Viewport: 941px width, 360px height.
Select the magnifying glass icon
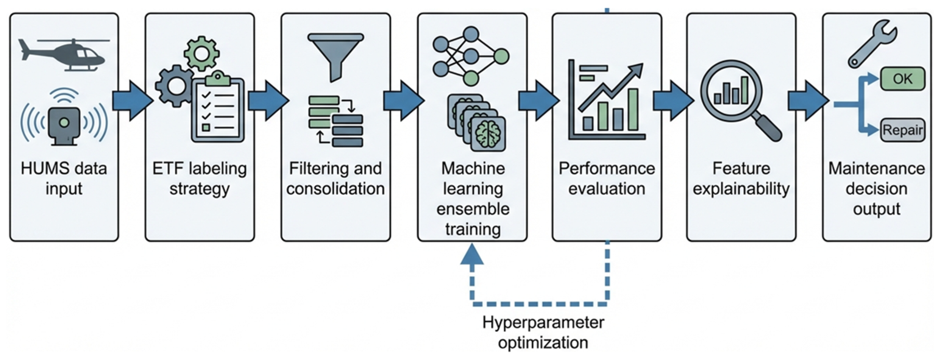[738, 99]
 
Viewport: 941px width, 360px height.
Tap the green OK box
[902, 79]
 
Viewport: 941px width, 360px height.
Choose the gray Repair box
[902, 130]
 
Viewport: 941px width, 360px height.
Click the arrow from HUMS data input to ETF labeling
[132, 101]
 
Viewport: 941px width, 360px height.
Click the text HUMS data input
[64, 178]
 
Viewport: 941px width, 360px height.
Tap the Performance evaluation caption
[607, 178]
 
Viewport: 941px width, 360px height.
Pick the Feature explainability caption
[741, 178]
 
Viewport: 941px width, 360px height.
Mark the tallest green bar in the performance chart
[633, 110]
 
